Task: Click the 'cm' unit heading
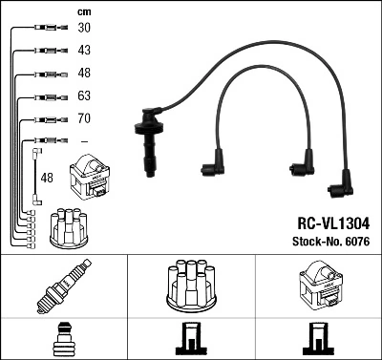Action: [x=83, y=11]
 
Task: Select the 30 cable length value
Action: [x=84, y=28]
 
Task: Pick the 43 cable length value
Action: [x=84, y=51]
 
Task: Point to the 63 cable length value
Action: [x=84, y=96]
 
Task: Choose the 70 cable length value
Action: [x=84, y=119]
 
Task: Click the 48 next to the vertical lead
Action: [x=47, y=177]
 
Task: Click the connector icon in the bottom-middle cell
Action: [x=190, y=341]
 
